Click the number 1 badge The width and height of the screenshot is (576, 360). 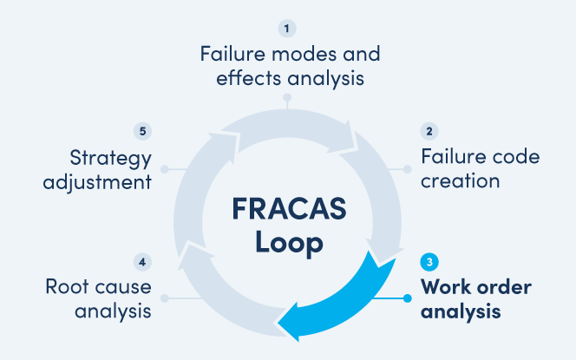click(289, 29)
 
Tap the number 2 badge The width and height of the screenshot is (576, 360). click(429, 132)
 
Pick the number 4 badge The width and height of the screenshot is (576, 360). click(144, 260)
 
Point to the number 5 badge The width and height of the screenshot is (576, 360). click(144, 132)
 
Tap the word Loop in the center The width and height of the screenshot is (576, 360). click(289, 242)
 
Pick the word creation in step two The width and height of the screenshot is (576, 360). click(461, 181)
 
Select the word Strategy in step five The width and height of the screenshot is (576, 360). click(111, 159)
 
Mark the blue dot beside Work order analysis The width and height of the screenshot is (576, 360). click(407, 299)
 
